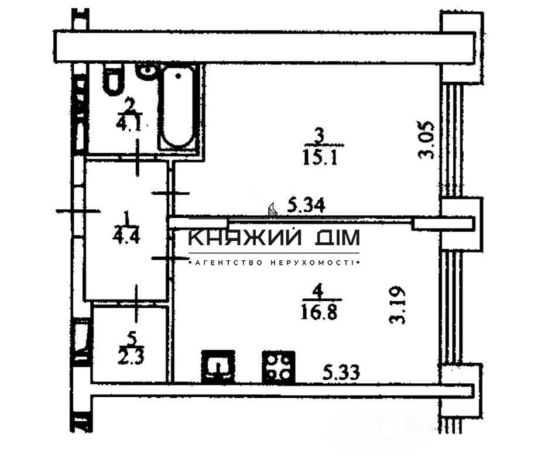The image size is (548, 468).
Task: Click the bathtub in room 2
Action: pyautogui.click(x=179, y=108)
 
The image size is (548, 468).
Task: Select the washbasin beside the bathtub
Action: pyautogui.click(x=146, y=71)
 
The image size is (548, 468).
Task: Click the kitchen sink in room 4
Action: pyautogui.click(x=218, y=367)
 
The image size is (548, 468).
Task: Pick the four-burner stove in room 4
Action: pyautogui.click(x=278, y=367)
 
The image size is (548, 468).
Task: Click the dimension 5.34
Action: pyautogui.click(x=306, y=205)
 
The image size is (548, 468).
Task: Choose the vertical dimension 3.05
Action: pyautogui.click(x=427, y=139)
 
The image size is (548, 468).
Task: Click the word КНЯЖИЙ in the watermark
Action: pyautogui.click(x=245, y=238)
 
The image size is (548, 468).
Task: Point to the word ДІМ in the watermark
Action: pyautogui.click(x=336, y=238)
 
